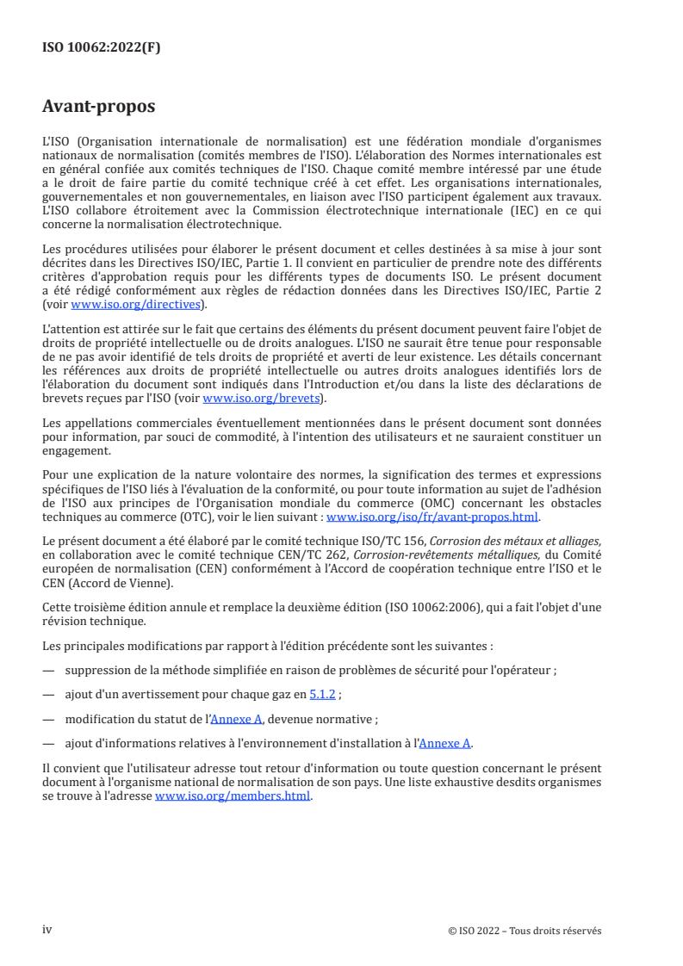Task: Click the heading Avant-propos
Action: pyautogui.click(x=99, y=108)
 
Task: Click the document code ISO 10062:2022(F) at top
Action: pyautogui.click(x=102, y=48)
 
